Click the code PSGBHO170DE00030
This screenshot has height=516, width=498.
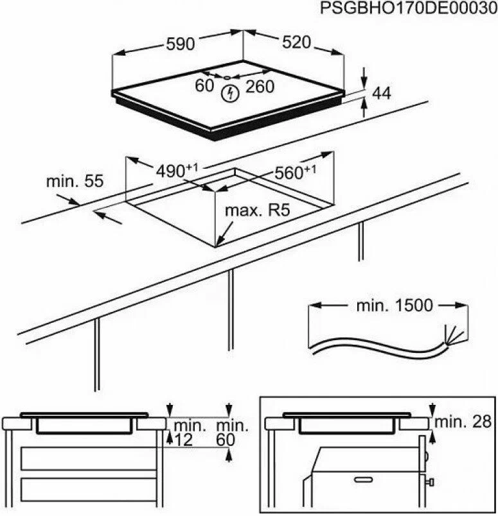point(409,8)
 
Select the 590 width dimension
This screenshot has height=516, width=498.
point(181,44)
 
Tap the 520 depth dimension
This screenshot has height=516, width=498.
point(296,42)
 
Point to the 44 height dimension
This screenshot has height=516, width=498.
point(381,93)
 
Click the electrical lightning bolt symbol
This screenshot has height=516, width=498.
point(229,94)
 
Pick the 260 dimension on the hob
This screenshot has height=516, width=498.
point(260,87)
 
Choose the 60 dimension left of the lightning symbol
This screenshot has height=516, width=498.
point(204,85)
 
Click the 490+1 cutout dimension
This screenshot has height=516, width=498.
point(177,170)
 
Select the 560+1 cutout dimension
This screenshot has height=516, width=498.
point(295,172)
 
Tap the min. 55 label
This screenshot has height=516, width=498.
point(75,181)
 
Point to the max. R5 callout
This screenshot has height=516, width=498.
point(258,211)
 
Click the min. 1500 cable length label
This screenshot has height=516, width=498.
point(395,305)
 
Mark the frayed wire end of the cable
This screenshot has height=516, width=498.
point(455,336)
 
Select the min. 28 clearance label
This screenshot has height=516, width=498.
point(463,422)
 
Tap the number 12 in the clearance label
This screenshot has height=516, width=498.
point(183,440)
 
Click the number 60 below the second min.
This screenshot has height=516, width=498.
point(226,440)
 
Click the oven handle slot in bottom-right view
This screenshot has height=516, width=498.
point(363,480)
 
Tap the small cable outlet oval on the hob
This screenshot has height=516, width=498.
point(226,78)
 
